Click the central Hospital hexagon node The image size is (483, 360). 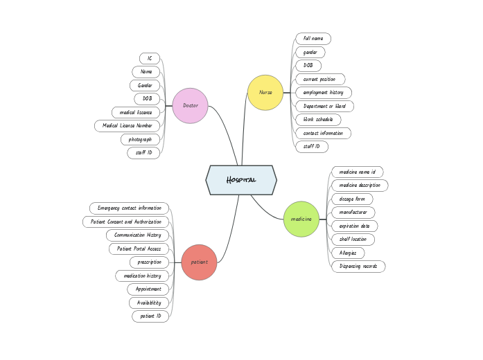(241, 180)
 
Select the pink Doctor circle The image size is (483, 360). (190, 106)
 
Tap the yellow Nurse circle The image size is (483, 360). (265, 93)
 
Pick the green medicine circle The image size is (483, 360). (301, 219)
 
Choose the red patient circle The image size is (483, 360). (199, 262)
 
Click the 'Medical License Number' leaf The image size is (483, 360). (128, 126)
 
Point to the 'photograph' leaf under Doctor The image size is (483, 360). (141, 139)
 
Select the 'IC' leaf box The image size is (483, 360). (149, 58)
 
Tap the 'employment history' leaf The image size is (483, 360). (323, 93)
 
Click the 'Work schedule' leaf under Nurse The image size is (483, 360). (318, 120)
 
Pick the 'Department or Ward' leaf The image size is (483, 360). (324, 107)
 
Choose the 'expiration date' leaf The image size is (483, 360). (354, 226)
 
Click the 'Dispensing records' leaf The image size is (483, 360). (358, 267)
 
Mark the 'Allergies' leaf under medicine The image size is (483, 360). (348, 253)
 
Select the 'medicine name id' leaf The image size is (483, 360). (357, 172)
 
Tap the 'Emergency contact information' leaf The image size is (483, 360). (130, 208)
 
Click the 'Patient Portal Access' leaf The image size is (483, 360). (139, 249)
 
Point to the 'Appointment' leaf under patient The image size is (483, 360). (148, 289)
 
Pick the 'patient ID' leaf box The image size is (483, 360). (150, 316)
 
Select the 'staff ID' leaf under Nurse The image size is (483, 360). (312, 147)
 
